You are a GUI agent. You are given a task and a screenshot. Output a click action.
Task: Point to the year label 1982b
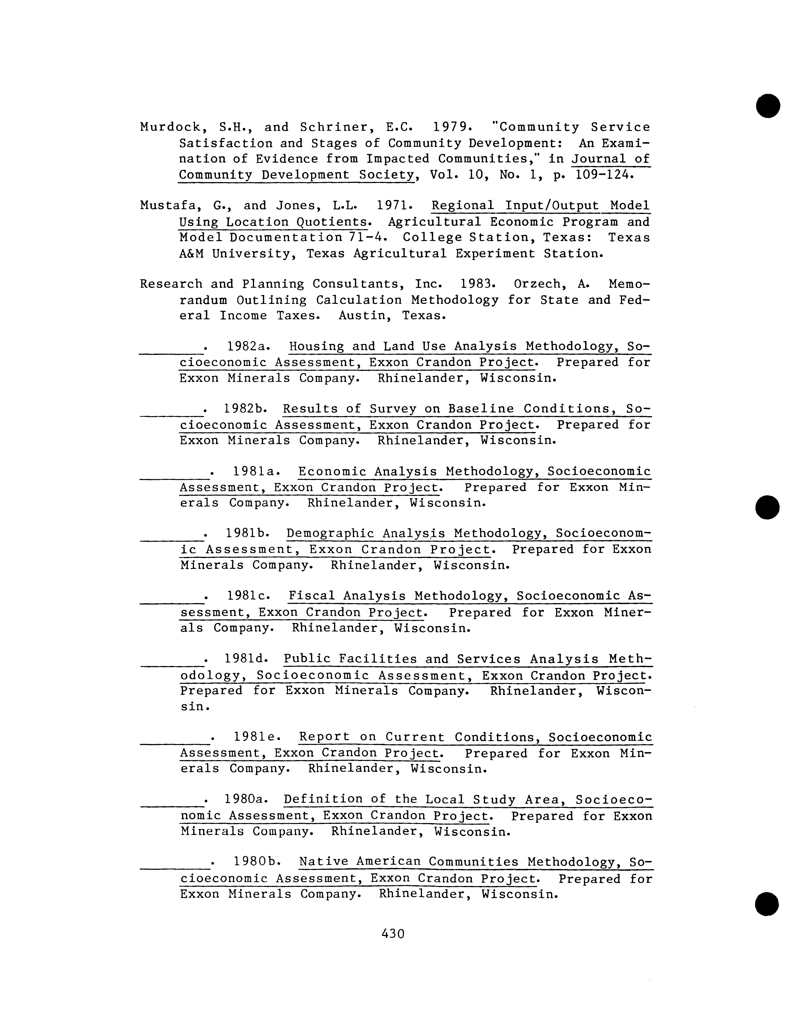(x=246, y=409)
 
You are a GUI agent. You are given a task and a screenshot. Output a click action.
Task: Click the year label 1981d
(x=246, y=659)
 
